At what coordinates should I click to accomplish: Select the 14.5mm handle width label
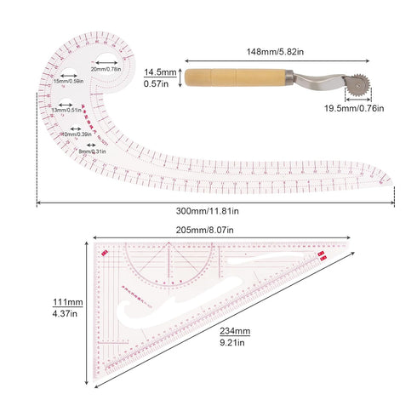(160, 72)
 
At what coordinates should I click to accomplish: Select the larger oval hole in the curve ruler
(106, 61)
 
